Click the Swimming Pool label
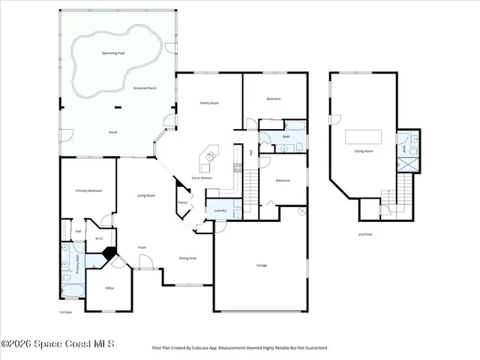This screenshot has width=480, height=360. tap(113, 54)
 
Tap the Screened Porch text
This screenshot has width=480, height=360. tap(145, 88)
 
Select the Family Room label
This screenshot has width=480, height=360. tap(208, 103)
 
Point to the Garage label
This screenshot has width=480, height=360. tap(261, 265)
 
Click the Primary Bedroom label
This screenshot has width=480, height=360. tap(88, 191)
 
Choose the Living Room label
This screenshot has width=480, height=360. tap(145, 196)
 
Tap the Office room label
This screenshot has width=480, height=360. tap(109, 288)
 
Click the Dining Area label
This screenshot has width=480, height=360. tap(187, 258)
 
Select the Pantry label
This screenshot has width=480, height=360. tap(182, 202)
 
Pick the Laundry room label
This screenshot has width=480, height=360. tap(220, 211)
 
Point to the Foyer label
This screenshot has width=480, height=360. tap(142, 247)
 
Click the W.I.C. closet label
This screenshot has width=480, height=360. tap(98, 239)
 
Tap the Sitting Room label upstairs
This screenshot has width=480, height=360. tap(364, 151)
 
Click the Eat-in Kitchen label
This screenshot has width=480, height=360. tap(201, 178)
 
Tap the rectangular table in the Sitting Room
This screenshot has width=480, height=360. tap(363, 136)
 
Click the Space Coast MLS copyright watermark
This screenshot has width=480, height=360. tap(58, 343)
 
